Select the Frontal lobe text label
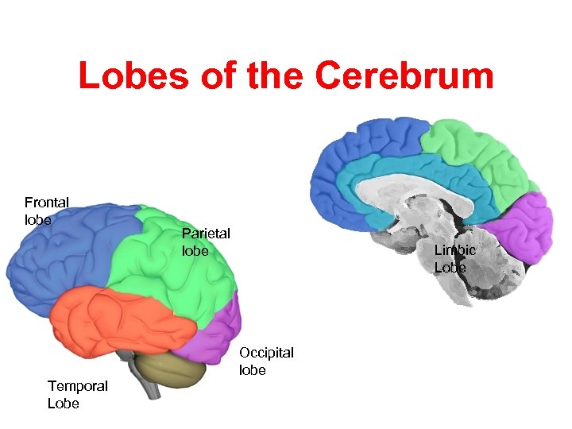pos(46,211)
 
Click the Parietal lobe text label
pos(205,242)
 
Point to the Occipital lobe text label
pos(266,361)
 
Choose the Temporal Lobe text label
pos(77,394)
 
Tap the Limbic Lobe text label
pos(454,258)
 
